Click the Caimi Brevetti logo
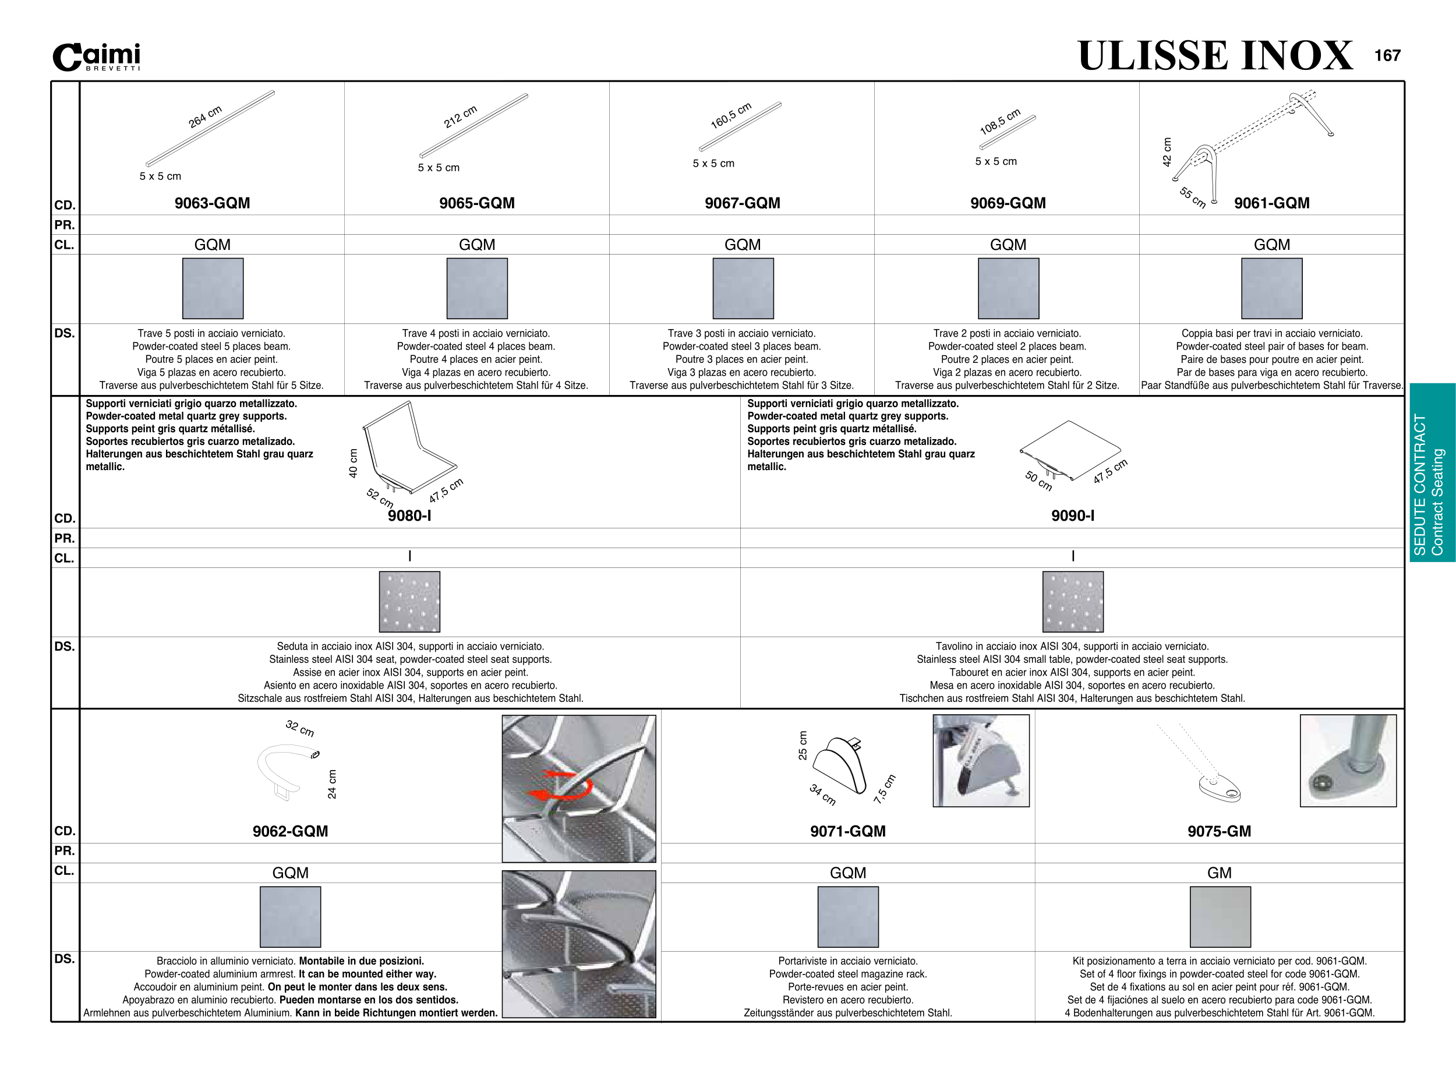[x=97, y=57]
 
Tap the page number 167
[x=1387, y=56]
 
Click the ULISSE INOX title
[x=1215, y=56]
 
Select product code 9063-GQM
[x=213, y=203]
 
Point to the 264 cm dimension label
[x=205, y=117]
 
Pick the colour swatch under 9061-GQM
[x=1271, y=288]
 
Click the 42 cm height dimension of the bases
[x=1167, y=152]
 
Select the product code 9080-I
[x=409, y=516]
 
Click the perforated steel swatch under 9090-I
[x=1073, y=602]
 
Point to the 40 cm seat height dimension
[x=354, y=463]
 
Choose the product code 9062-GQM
[x=290, y=831]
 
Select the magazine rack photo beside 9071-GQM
[x=981, y=761]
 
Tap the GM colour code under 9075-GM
[x=1219, y=873]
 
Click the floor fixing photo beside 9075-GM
[x=1348, y=761]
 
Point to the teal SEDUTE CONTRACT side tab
[x=1432, y=472]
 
